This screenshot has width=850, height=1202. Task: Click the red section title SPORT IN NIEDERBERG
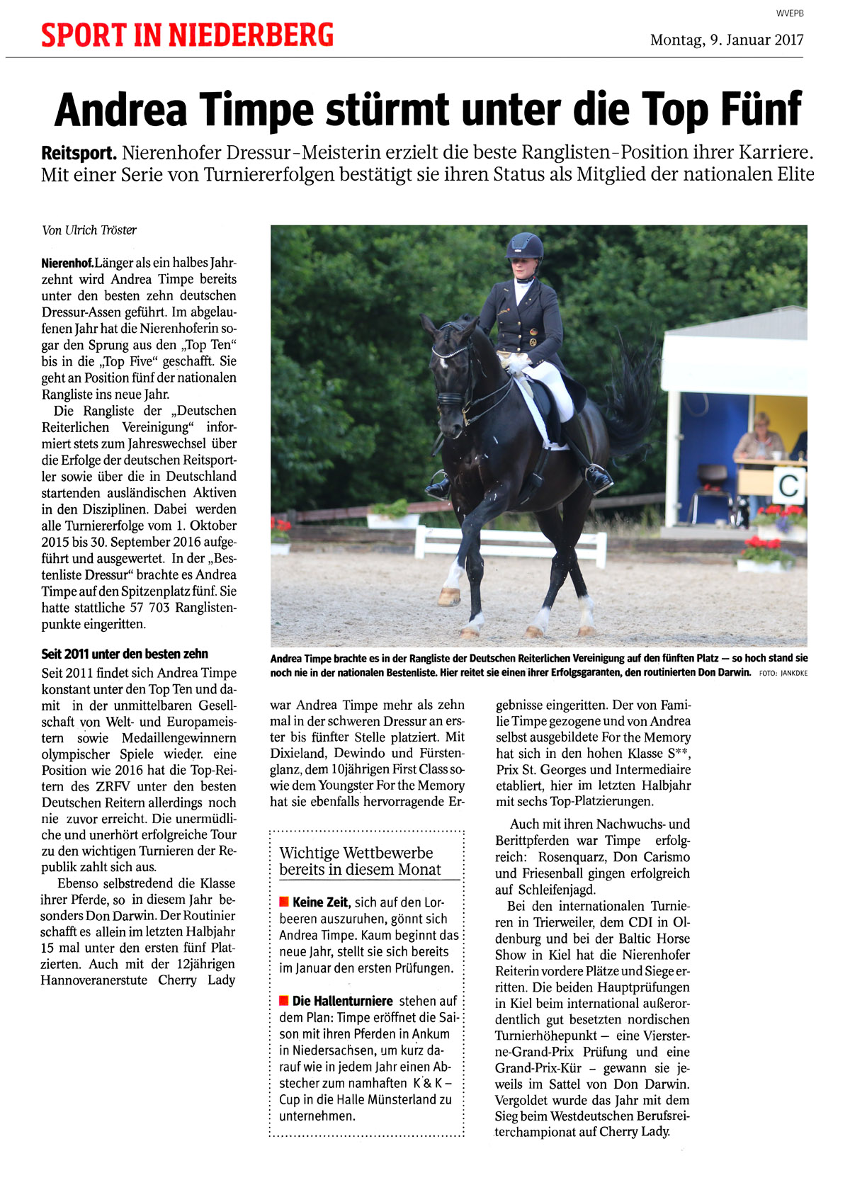coord(187,35)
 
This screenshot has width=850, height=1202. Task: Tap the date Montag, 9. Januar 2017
coord(727,40)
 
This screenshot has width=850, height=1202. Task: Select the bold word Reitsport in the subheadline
coord(78,152)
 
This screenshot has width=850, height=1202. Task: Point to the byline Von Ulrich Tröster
coord(89,230)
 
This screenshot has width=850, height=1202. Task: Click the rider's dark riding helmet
coord(524,246)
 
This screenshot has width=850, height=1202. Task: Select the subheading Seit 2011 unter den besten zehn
coord(125,654)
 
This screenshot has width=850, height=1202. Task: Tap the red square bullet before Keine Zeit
coord(284,902)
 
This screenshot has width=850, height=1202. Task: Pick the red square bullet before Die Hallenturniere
coord(284,1001)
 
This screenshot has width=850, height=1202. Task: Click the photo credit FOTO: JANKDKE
coord(783,673)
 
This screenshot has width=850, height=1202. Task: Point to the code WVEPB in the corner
coord(790,13)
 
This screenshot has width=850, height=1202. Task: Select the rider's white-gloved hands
coord(516,363)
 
